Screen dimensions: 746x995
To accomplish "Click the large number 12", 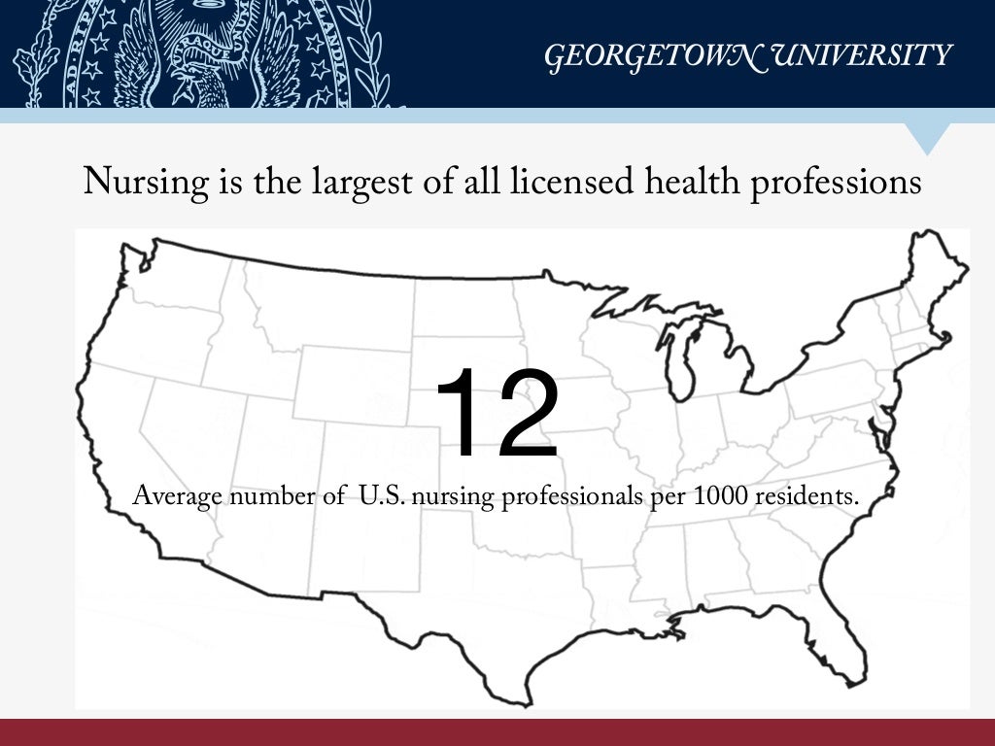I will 497,414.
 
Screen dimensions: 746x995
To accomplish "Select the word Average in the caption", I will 178,496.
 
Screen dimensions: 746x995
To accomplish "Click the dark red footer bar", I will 497,732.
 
